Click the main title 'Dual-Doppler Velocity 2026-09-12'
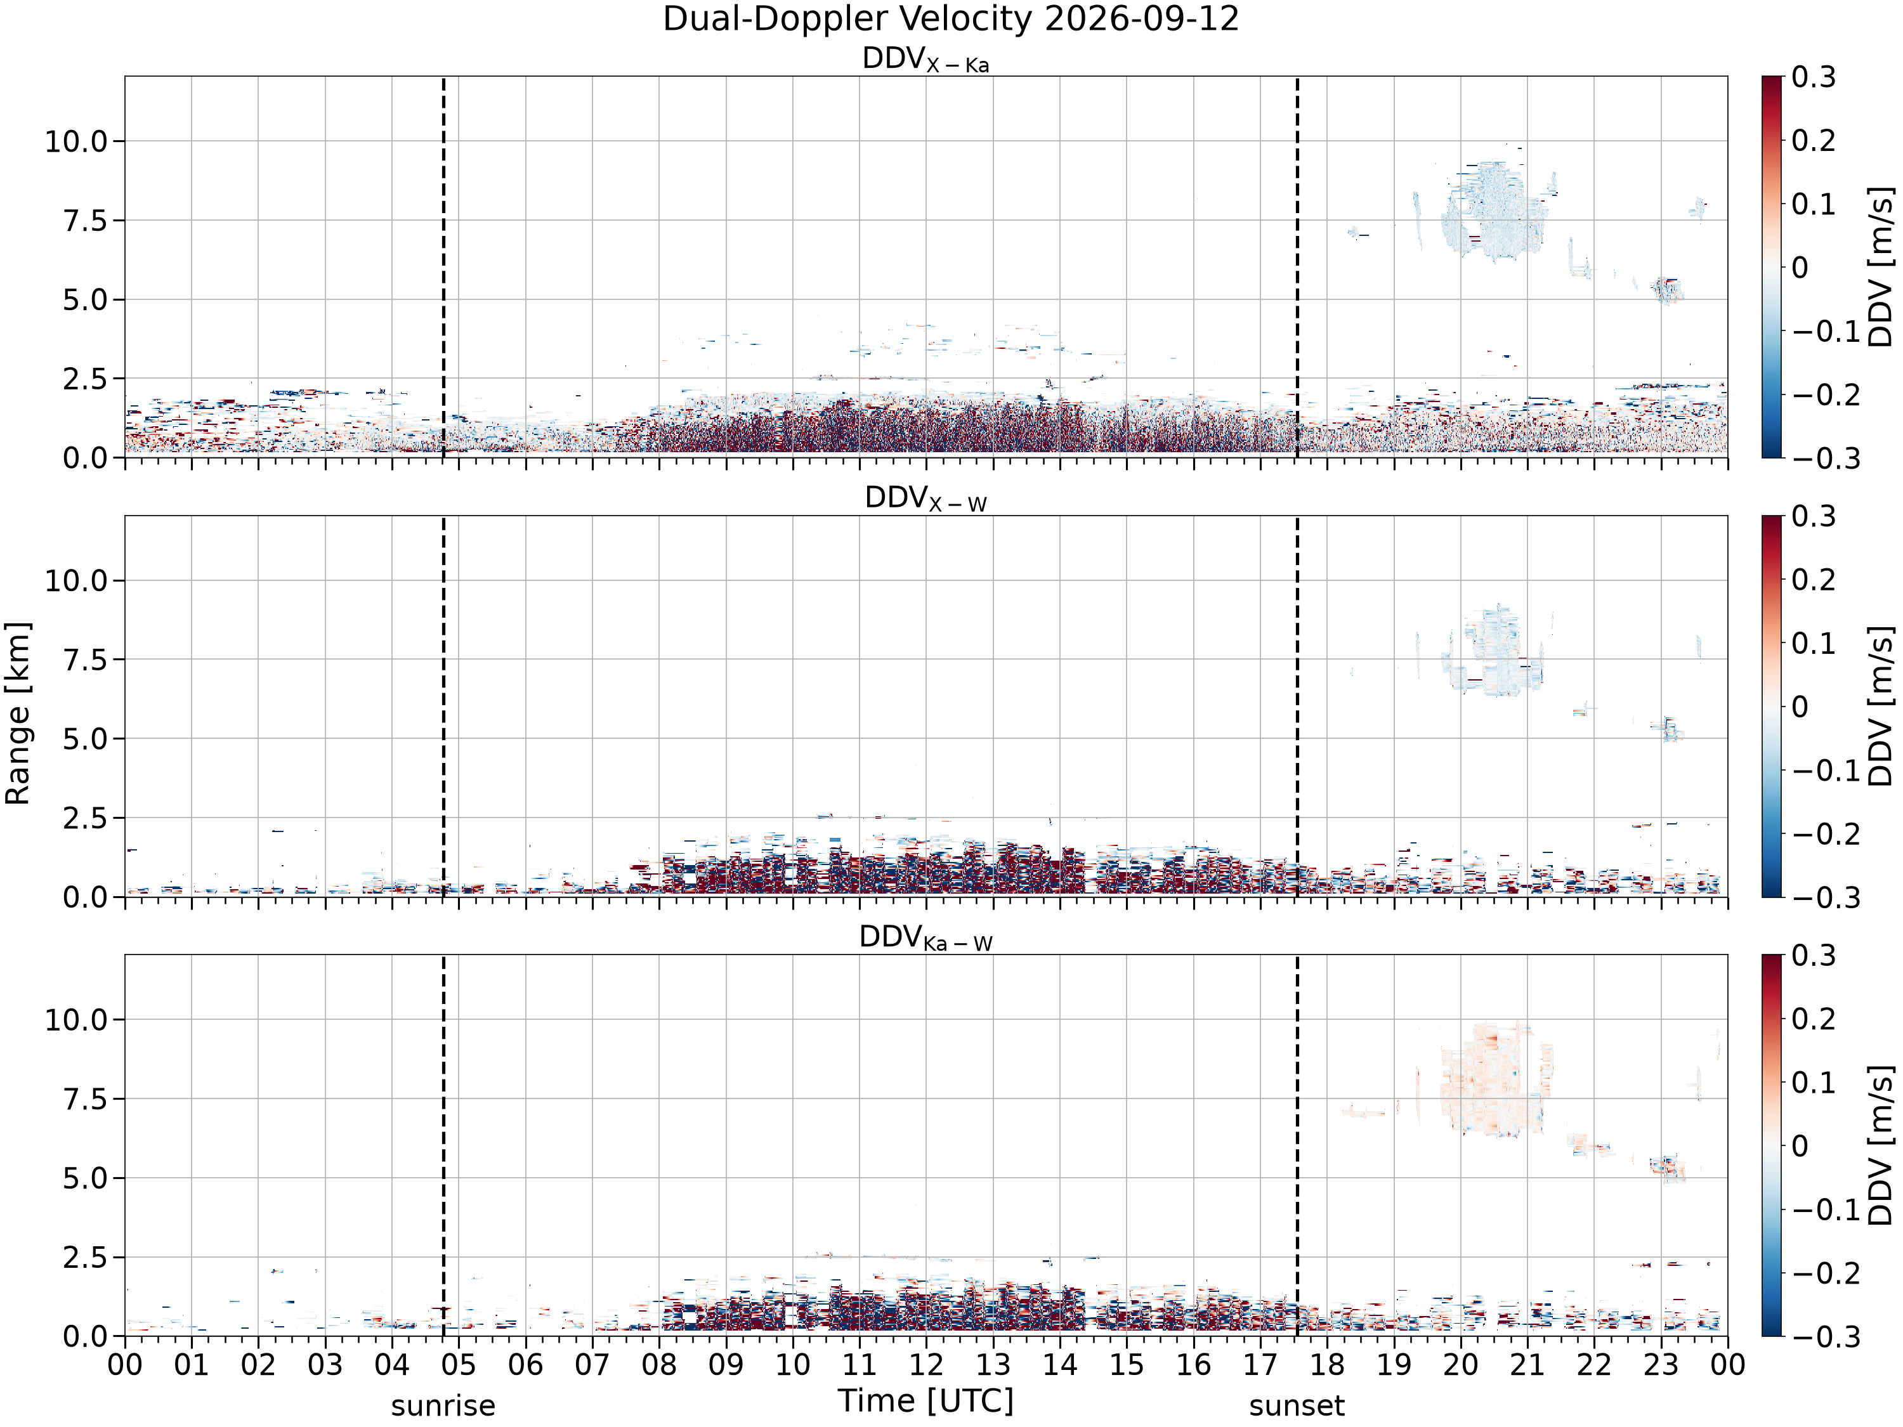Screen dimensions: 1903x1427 tap(951, 19)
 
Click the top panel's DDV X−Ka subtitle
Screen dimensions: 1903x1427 tap(925, 60)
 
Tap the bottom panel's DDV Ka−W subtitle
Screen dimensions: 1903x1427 tap(925, 937)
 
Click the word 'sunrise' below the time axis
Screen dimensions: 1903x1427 tap(443, 1406)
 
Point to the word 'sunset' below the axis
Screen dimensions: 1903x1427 tap(1297, 1406)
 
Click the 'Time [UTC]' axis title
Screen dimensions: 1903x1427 tap(925, 1401)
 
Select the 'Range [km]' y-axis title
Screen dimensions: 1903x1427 tap(17, 713)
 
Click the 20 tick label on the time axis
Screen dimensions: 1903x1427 tap(1460, 1365)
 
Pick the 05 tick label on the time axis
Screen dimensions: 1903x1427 tap(459, 1365)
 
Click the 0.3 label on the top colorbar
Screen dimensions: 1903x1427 tap(1814, 77)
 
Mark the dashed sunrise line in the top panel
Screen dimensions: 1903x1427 tap(443, 266)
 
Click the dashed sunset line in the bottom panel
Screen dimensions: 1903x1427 tap(1297, 1146)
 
